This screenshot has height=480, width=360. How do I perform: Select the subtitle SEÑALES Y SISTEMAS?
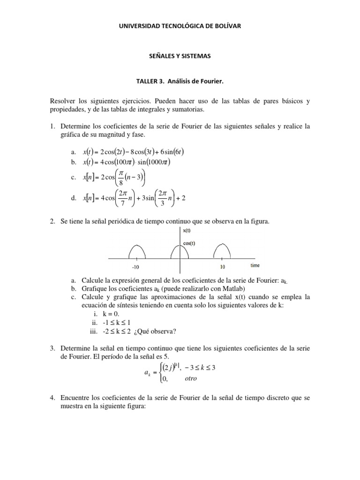click(x=180, y=56)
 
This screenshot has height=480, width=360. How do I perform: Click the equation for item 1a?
click(x=134, y=152)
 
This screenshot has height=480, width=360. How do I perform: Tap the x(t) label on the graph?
click(x=187, y=230)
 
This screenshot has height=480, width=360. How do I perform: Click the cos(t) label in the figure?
click(x=189, y=242)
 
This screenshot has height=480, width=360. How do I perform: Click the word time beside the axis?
click(x=255, y=265)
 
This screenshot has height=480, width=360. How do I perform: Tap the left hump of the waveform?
click(x=135, y=251)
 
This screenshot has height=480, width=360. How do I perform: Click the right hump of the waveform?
click(x=223, y=251)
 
